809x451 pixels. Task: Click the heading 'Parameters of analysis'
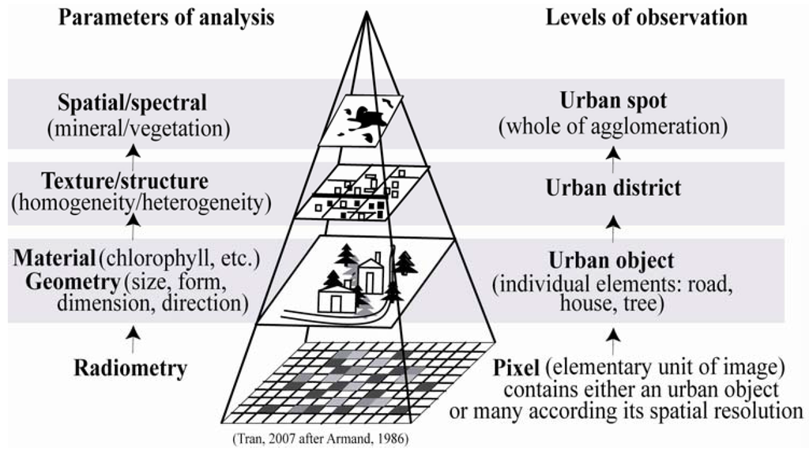pyautogui.click(x=166, y=17)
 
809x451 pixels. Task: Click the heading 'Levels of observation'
pyautogui.click(x=646, y=17)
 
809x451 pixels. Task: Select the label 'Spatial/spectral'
pyautogui.click(x=132, y=103)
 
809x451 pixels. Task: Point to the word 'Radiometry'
pyautogui.click(x=131, y=367)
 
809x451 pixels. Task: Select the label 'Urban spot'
pyautogui.click(x=613, y=102)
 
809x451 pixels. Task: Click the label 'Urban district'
pyautogui.click(x=613, y=189)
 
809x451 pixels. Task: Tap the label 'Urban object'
pyautogui.click(x=613, y=261)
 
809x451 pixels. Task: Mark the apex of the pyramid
pyautogui.click(x=365, y=13)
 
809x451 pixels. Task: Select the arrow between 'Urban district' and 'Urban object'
pyautogui.click(x=613, y=230)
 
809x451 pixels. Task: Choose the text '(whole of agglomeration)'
pyautogui.click(x=613, y=126)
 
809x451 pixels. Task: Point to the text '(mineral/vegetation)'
pyautogui.click(x=133, y=126)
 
